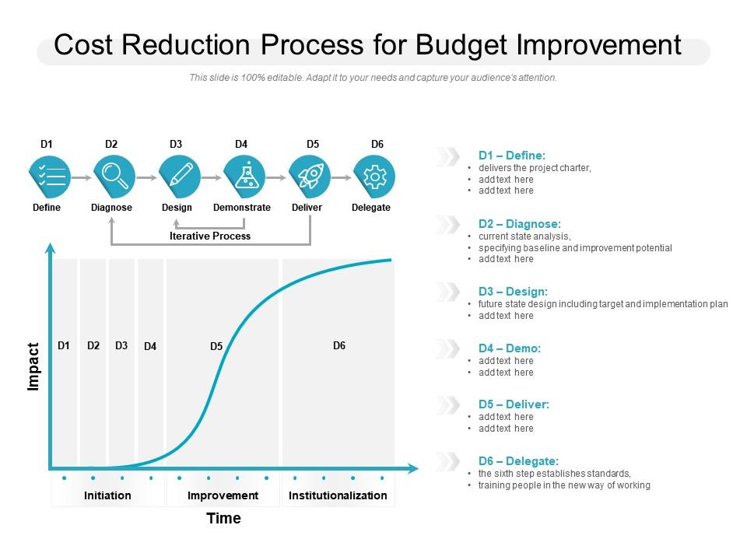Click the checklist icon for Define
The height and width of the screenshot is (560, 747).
click(x=50, y=177)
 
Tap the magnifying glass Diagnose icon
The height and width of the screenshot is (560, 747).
click(x=115, y=177)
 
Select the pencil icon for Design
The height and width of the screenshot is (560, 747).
click(x=180, y=177)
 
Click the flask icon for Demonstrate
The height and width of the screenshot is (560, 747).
click(x=245, y=177)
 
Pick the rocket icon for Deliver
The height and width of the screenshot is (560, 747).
click(x=310, y=177)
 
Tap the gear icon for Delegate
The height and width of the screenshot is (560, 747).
click(x=375, y=177)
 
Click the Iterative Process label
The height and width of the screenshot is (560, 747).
click(x=210, y=236)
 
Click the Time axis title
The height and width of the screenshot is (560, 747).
click(x=223, y=518)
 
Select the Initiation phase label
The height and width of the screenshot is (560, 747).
click(x=107, y=495)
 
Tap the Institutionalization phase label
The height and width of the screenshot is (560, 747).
click(x=338, y=495)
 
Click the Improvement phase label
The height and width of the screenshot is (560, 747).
click(x=223, y=495)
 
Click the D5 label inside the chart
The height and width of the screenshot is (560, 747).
click(x=216, y=347)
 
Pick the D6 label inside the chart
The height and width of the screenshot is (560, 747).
click(x=339, y=345)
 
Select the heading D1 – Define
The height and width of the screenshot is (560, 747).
click(x=512, y=156)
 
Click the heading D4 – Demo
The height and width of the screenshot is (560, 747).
click(x=509, y=348)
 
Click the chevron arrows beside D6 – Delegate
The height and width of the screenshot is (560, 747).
click(x=447, y=461)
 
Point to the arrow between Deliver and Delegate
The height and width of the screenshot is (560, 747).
click(x=342, y=177)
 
